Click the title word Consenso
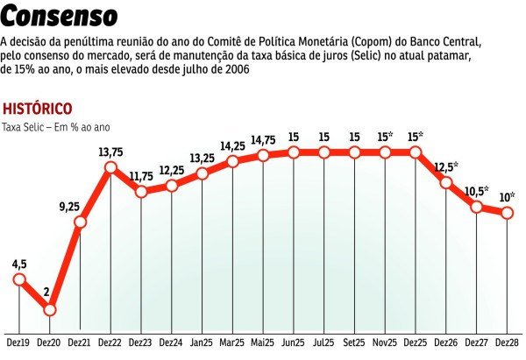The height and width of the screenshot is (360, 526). [60, 17]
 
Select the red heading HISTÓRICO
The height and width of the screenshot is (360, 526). [37, 109]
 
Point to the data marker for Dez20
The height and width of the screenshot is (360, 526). [49, 310]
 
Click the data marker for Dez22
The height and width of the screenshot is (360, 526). [110, 168]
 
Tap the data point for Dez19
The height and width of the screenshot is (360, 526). [19, 279]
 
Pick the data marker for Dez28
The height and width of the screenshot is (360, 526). [507, 213]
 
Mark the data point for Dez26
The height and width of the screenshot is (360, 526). [445, 183]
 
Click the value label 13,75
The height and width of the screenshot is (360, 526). [110, 152]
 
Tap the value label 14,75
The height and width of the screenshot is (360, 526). [263, 140]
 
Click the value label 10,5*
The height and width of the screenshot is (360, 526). [477, 191]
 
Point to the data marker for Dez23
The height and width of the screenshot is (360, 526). [140, 190]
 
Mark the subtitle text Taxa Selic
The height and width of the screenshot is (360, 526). [25, 127]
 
